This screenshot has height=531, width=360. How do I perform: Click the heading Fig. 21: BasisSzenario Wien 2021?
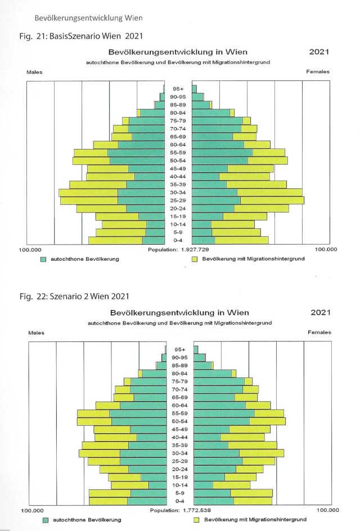(x=81, y=36)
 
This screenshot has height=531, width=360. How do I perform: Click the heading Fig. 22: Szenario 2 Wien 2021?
(x=74, y=296)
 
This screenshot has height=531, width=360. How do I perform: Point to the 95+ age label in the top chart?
(x=178, y=89)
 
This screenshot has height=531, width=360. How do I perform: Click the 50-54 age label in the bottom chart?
(x=179, y=422)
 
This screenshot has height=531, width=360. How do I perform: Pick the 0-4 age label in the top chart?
(x=178, y=240)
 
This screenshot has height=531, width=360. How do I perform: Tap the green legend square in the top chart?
(x=43, y=259)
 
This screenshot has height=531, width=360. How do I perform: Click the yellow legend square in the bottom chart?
(x=196, y=520)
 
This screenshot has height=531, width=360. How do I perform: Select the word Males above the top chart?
(x=34, y=72)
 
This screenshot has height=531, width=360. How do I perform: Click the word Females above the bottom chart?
(x=319, y=332)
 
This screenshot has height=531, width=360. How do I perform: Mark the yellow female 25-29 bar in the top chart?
(x=272, y=200)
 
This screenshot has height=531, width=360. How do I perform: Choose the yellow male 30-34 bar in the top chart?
(x=88, y=193)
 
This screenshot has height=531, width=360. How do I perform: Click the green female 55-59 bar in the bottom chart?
(x=224, y=413)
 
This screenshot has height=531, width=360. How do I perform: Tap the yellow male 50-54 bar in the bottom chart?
(x=94, y=422)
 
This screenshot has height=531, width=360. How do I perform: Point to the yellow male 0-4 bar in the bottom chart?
(x=109, y=501)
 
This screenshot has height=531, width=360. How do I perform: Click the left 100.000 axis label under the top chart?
(x=30, y=250)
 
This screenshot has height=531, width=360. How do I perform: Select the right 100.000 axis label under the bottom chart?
(x=327, y=510)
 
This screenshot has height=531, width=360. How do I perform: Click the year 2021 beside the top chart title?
(x=319, y=52)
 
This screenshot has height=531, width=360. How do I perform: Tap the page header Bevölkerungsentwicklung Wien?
(x=88, y=18)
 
